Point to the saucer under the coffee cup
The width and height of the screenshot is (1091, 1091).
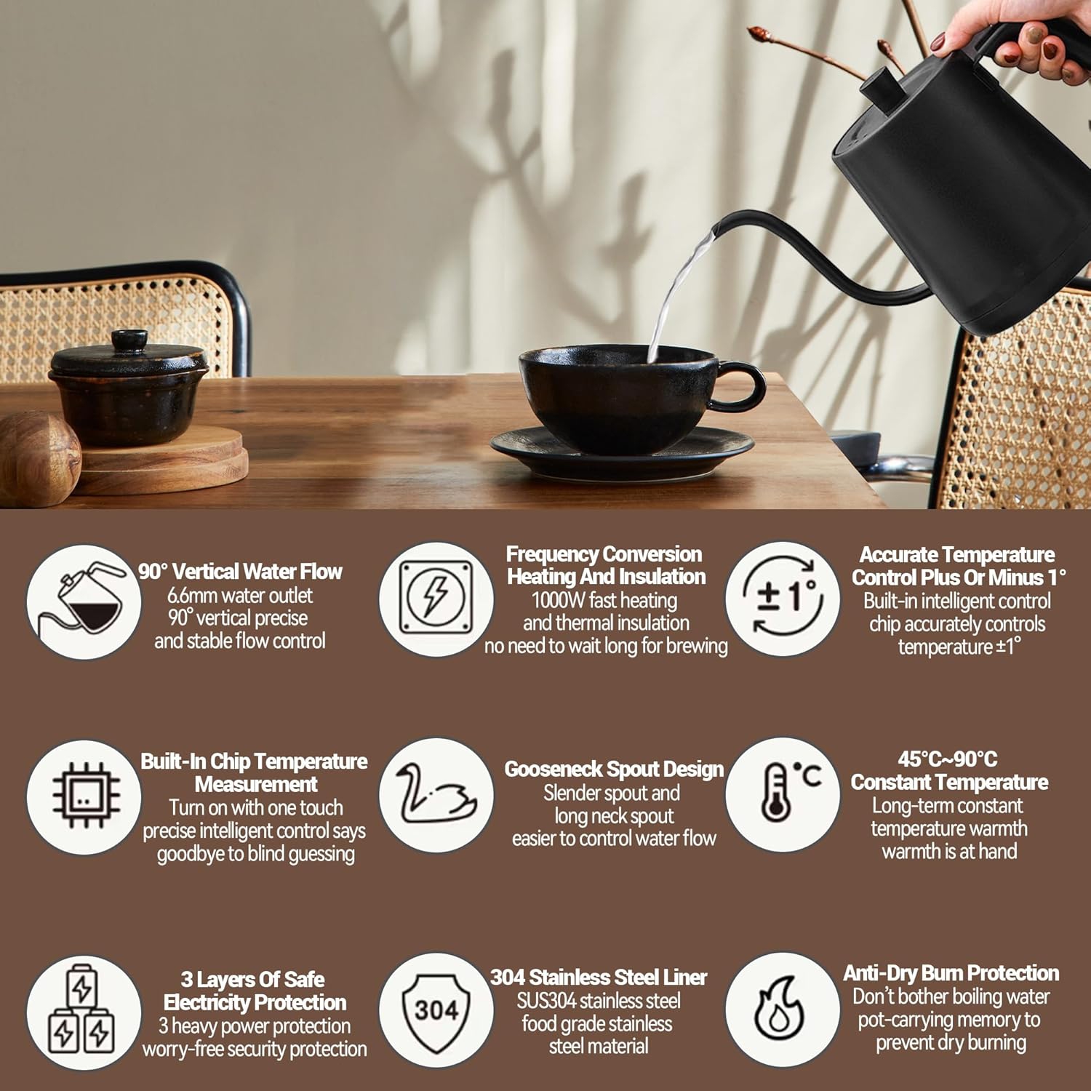point(622,452)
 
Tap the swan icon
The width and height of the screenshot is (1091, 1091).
point(436,795)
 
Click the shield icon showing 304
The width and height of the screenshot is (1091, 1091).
point(436,1010)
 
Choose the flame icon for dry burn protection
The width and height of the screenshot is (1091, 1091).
point(781,1010)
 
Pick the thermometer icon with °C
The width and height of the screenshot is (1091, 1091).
point(783,794)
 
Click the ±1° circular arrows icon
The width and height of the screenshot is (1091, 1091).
point(783,598)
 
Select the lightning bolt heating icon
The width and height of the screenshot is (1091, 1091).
point(436,599)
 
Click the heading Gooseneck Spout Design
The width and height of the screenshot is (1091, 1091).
point(614,770)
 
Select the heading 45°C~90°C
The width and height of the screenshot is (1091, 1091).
point(948,759)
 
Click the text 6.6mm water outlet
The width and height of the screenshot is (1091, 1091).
point(240,596)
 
